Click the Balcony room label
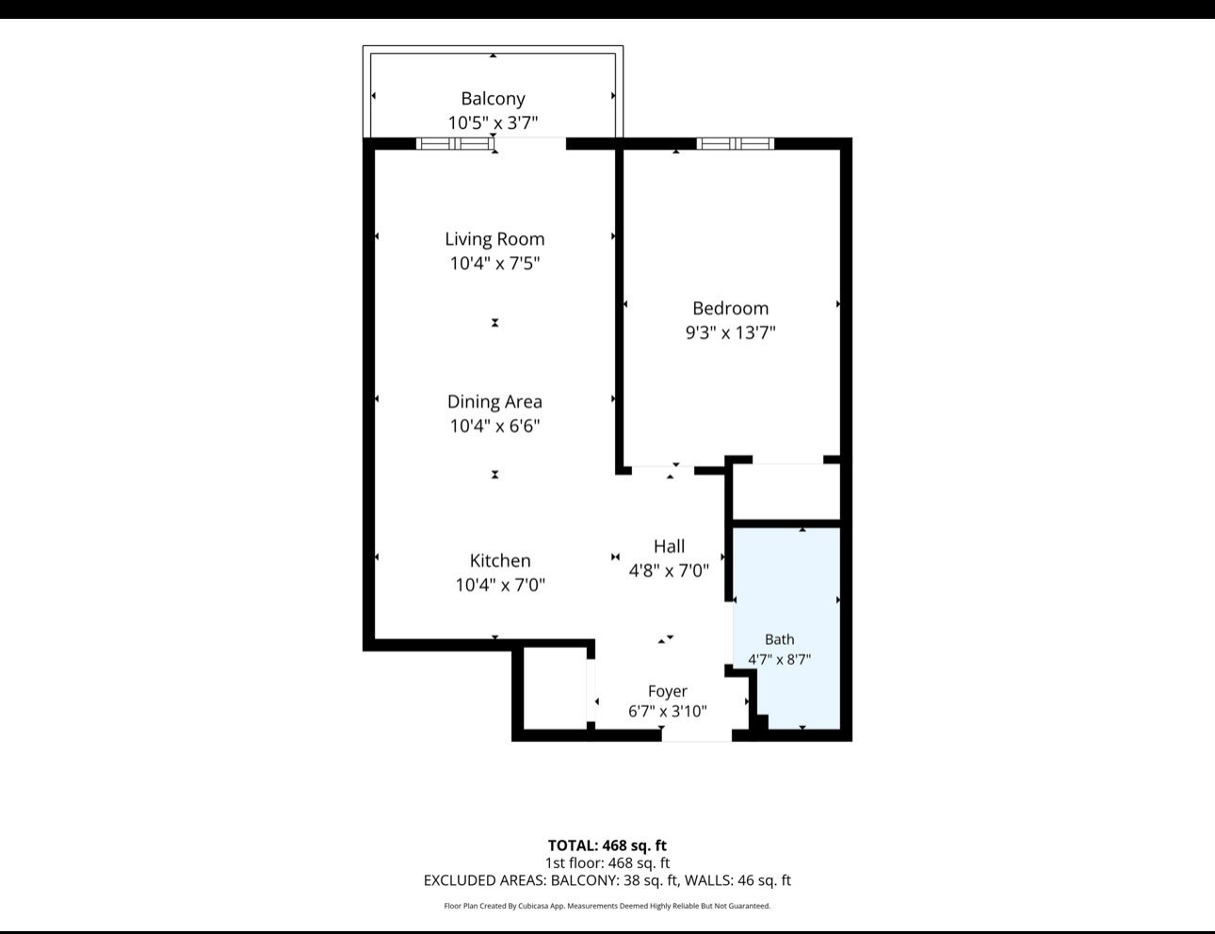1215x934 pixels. click(x=493, y=98)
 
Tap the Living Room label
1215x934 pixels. click(x=494, y=239)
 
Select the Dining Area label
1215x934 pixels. click(x=494, y=402)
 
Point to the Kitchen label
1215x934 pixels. click(x=500, y=560)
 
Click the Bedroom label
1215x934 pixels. click(x=730, y=309)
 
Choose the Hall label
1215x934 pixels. click(x=669, y=546)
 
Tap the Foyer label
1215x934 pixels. click(x=667, y=691)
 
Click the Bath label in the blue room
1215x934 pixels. click(x=780, y=639)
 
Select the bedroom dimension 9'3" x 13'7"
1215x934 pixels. click(x=730, y=333)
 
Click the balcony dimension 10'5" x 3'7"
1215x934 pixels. click(x=493, y=123)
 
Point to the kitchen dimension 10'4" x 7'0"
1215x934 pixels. click(x=500, y=586)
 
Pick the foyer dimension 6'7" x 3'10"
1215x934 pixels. click(x=667, y=712)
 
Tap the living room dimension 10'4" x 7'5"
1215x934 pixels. click(x=494, y=264)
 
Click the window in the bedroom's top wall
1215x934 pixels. click(x=736, y=144)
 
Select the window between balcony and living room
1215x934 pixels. click(x=455, y=144)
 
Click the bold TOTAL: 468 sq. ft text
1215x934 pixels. click(x=607, y=845)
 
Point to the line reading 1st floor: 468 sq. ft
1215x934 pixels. click(x=607, y=863)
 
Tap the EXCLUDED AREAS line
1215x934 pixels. click(x=607, y=880)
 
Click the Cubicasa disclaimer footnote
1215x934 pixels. click(x=607, y=906)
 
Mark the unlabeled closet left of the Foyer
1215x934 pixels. click(x=555, y=688)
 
